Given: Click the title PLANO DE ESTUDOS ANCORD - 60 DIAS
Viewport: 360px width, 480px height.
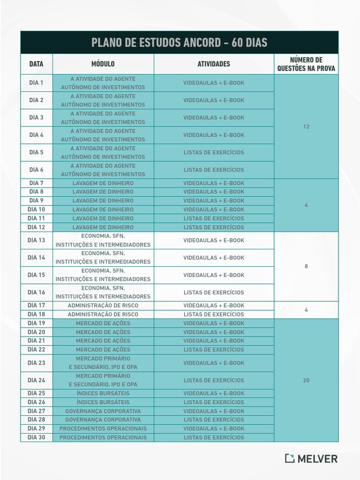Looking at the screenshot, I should point(179,43).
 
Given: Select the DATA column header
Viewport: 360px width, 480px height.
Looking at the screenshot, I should point(36,64).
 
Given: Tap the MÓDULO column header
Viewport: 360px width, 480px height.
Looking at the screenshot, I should point(103,64).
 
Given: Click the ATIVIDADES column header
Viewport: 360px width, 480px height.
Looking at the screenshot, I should point(214,64).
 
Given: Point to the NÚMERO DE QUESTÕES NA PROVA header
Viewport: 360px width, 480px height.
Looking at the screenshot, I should point(306,64).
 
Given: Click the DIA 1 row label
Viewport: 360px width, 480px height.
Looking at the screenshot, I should point(36,83).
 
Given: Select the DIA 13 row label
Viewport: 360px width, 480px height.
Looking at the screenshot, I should point(36,240).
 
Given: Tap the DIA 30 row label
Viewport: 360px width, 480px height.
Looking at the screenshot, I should point(36,437).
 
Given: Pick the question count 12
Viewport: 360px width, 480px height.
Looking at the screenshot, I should point(306,127).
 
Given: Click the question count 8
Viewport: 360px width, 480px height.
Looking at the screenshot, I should point(306,266).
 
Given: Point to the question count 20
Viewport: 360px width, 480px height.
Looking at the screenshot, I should point(306,380).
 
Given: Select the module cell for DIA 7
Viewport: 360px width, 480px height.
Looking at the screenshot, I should point(103,183).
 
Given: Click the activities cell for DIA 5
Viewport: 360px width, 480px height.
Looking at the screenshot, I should point(214,152).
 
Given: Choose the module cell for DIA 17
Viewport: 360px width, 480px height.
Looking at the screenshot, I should point(103,306).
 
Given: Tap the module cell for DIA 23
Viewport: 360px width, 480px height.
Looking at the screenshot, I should point(103,363).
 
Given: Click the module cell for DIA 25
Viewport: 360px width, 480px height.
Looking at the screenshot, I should point(103,393).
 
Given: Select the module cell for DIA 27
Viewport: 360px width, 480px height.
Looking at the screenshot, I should point(103,411).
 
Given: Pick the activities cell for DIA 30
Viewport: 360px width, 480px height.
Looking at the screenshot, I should point(214,437).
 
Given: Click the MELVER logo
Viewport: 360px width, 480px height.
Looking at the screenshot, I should point(311,458).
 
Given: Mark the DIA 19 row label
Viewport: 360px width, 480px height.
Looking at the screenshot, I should point(36,323).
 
